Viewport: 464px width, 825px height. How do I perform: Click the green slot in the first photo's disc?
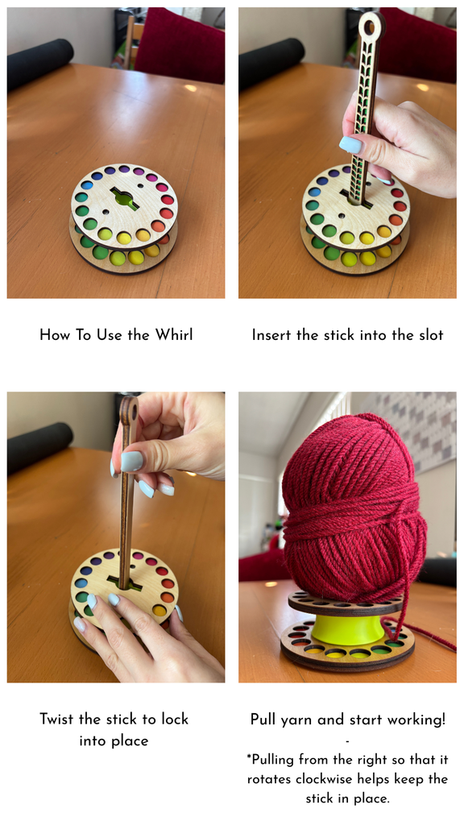pos(124,198)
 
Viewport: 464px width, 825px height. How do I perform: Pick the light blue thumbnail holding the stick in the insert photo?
pos(350,145)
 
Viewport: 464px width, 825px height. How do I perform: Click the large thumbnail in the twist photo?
pos(131,462)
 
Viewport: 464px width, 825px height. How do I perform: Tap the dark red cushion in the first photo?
pos(180,45)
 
